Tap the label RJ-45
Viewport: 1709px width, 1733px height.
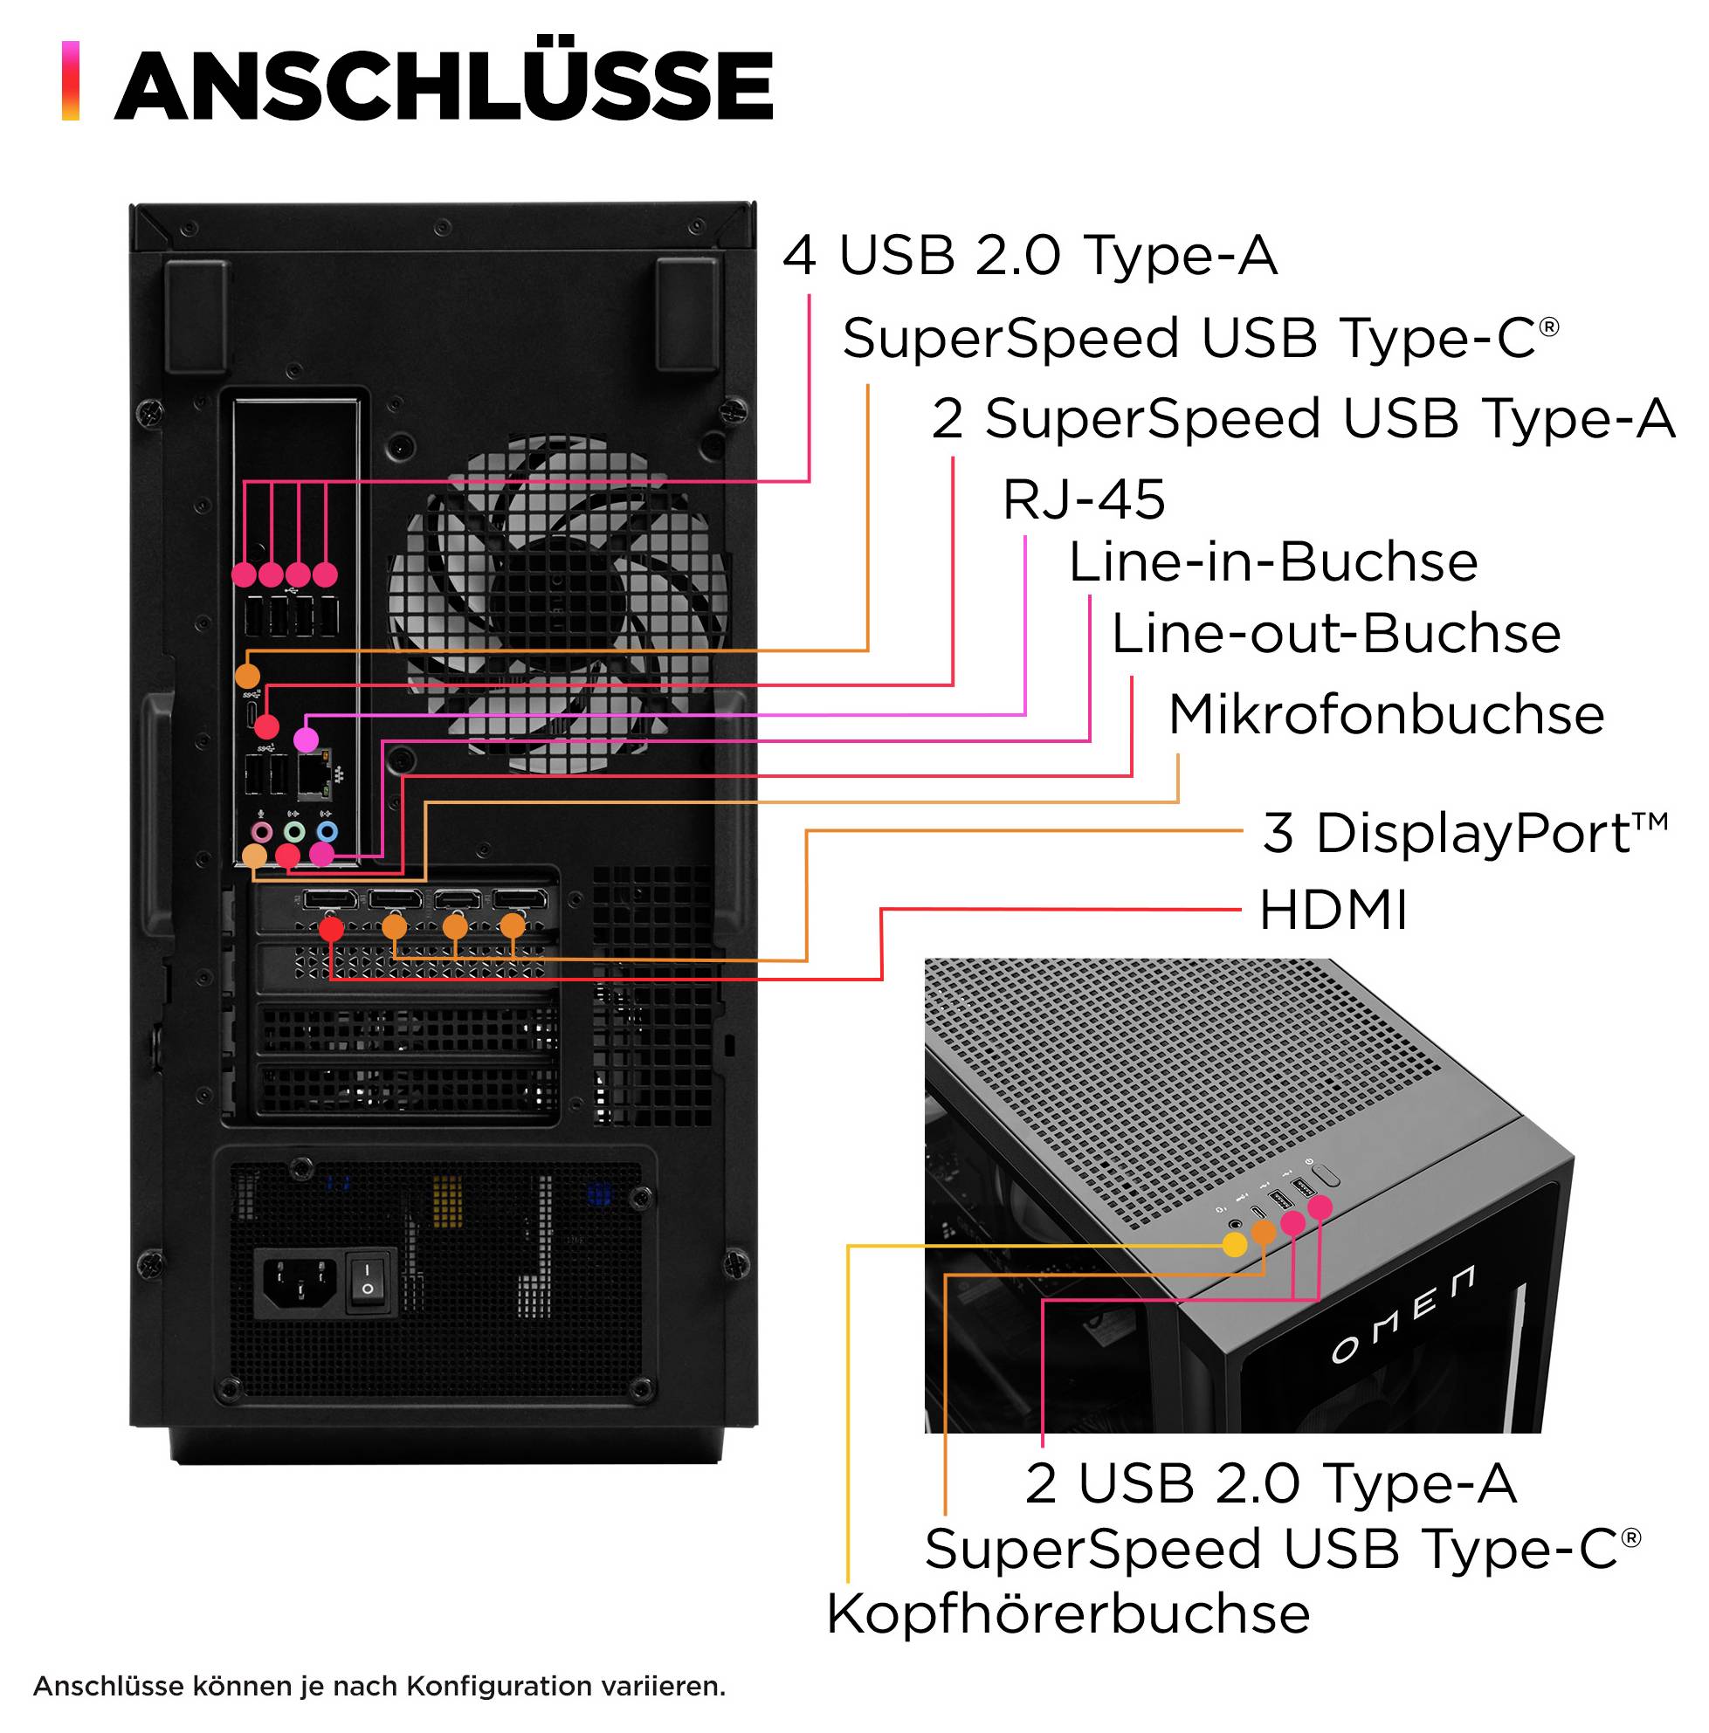coord(1083,499)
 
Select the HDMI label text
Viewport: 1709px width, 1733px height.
coord(1333,911)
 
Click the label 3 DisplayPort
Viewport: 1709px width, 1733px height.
coord(1464,833)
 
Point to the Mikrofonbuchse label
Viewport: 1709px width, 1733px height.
coord(1385,715)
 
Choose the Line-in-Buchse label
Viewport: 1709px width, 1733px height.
coord(1272,562)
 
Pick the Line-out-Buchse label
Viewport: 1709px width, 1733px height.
coord(1335,634)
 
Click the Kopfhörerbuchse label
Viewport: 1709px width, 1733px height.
coord(1067,1613)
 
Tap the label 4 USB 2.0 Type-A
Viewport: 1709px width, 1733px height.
coord(1029,255)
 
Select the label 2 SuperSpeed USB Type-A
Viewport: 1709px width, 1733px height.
coord(1303,419)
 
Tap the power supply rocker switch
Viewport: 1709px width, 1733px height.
coord(369,1279)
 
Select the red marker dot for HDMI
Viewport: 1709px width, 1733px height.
coord(331,928)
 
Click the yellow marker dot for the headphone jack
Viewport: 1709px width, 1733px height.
coord(1235,1244)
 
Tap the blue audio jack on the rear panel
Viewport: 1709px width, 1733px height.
coord(327,831)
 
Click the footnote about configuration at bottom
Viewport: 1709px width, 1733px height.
coord(379,1686)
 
